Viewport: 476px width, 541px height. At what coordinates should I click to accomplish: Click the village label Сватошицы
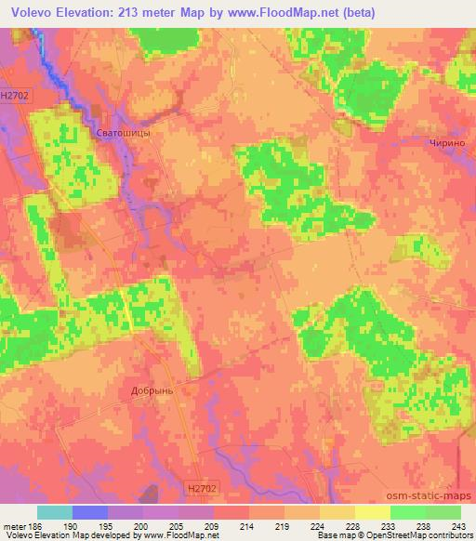coord(124,134)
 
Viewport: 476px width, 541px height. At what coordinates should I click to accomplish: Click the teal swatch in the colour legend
coord(55,512)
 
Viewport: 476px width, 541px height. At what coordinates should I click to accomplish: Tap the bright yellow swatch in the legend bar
coord(373,512)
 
